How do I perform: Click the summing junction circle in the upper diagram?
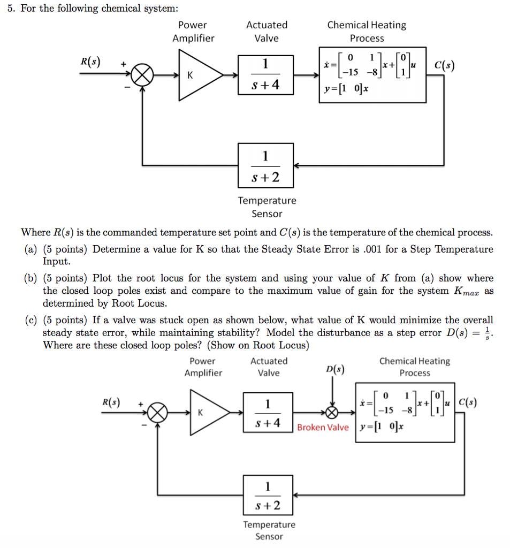[x=142, y=75]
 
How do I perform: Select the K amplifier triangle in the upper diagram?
[x=196, y=75]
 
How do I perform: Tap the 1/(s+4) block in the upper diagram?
[x=266, y=75]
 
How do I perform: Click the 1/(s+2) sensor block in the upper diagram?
[x=266, y=165]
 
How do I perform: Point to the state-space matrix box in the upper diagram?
[x=372, y=75]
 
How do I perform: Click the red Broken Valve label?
[x=323, y=427]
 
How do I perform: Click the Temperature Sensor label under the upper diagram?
[x=267, y=207]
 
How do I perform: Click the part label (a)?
[x=31, y=249]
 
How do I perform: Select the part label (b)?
[x=31, y=278]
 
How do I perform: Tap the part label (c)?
[x=31, y=320]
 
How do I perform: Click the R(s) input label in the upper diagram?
[x=89, y=60]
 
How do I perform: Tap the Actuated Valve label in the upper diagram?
[x=267, y=32]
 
